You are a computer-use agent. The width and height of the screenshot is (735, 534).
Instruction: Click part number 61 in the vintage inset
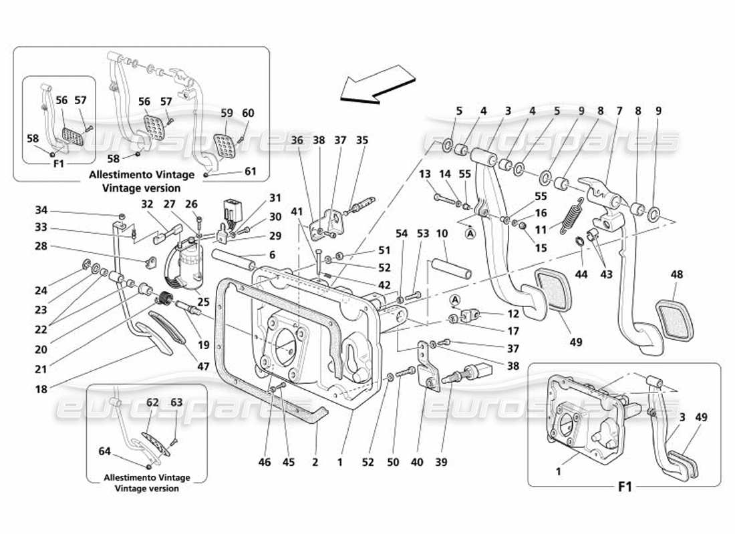click(x=251, y=172)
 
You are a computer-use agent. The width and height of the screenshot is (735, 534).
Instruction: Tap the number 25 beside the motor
click(x=202, y=302)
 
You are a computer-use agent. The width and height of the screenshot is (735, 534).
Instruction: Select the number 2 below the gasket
click(x=315, y=462)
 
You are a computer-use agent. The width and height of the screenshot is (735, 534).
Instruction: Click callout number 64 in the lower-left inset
click(x=104, y=451)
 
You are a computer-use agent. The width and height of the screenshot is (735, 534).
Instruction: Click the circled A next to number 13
click(x=471, y=233)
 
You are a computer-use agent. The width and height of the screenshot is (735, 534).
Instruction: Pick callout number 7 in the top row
click(x=618, y=111)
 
